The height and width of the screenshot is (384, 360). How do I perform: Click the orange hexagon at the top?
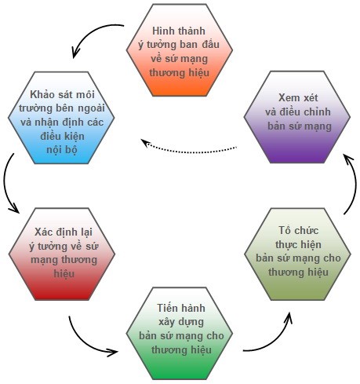[180, 50]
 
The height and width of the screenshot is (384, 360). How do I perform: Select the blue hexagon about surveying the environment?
[61, 118]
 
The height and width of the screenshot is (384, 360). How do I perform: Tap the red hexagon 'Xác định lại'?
[62, 254]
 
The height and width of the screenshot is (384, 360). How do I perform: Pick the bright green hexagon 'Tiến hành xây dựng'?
[180, 334]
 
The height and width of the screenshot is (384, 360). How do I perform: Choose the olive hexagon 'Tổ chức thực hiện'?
[297, 254]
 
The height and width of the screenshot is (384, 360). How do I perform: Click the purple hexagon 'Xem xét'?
[297, 117]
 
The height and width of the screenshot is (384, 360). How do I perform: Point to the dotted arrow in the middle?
[188, 152]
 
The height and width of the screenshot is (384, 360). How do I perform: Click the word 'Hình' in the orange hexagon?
[160, 31]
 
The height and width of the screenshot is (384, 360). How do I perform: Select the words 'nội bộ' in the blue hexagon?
[62, 150]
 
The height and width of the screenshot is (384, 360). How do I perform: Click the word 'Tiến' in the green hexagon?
[165, 308]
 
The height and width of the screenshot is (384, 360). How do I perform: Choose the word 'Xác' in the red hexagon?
[43, 232]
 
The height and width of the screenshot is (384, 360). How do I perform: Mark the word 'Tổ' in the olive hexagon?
[285, 230]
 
